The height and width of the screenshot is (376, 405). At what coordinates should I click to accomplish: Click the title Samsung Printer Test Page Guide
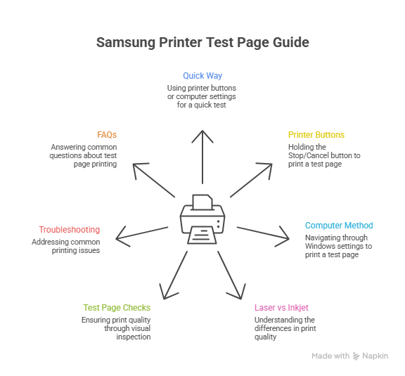(x=202, y=43)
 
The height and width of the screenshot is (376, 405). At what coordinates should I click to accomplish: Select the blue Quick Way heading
(x=202, y=75)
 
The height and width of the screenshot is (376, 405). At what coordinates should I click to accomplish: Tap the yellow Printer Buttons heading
(x=316, y=134)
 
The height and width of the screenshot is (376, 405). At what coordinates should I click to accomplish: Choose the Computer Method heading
(x=339, y=226)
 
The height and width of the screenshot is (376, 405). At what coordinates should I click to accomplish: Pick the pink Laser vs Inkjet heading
(x=281, y=308)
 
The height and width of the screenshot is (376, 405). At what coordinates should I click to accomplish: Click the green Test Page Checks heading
(x=117, y=308)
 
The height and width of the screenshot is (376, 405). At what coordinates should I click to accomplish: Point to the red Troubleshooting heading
(x=69, y=230)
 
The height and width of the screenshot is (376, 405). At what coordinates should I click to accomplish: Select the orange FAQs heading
(x=107, y=134)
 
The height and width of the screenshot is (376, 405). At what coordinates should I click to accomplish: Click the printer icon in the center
(x=202, y=218)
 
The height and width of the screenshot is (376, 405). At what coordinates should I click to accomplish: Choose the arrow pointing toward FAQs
(x=153, y=179)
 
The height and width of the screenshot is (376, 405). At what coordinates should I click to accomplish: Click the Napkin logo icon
(x=356, y=356)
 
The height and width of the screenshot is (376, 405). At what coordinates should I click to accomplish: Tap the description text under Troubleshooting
(x=65, y=246)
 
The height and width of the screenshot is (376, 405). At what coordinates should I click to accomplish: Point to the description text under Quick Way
(x=202, y=96)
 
